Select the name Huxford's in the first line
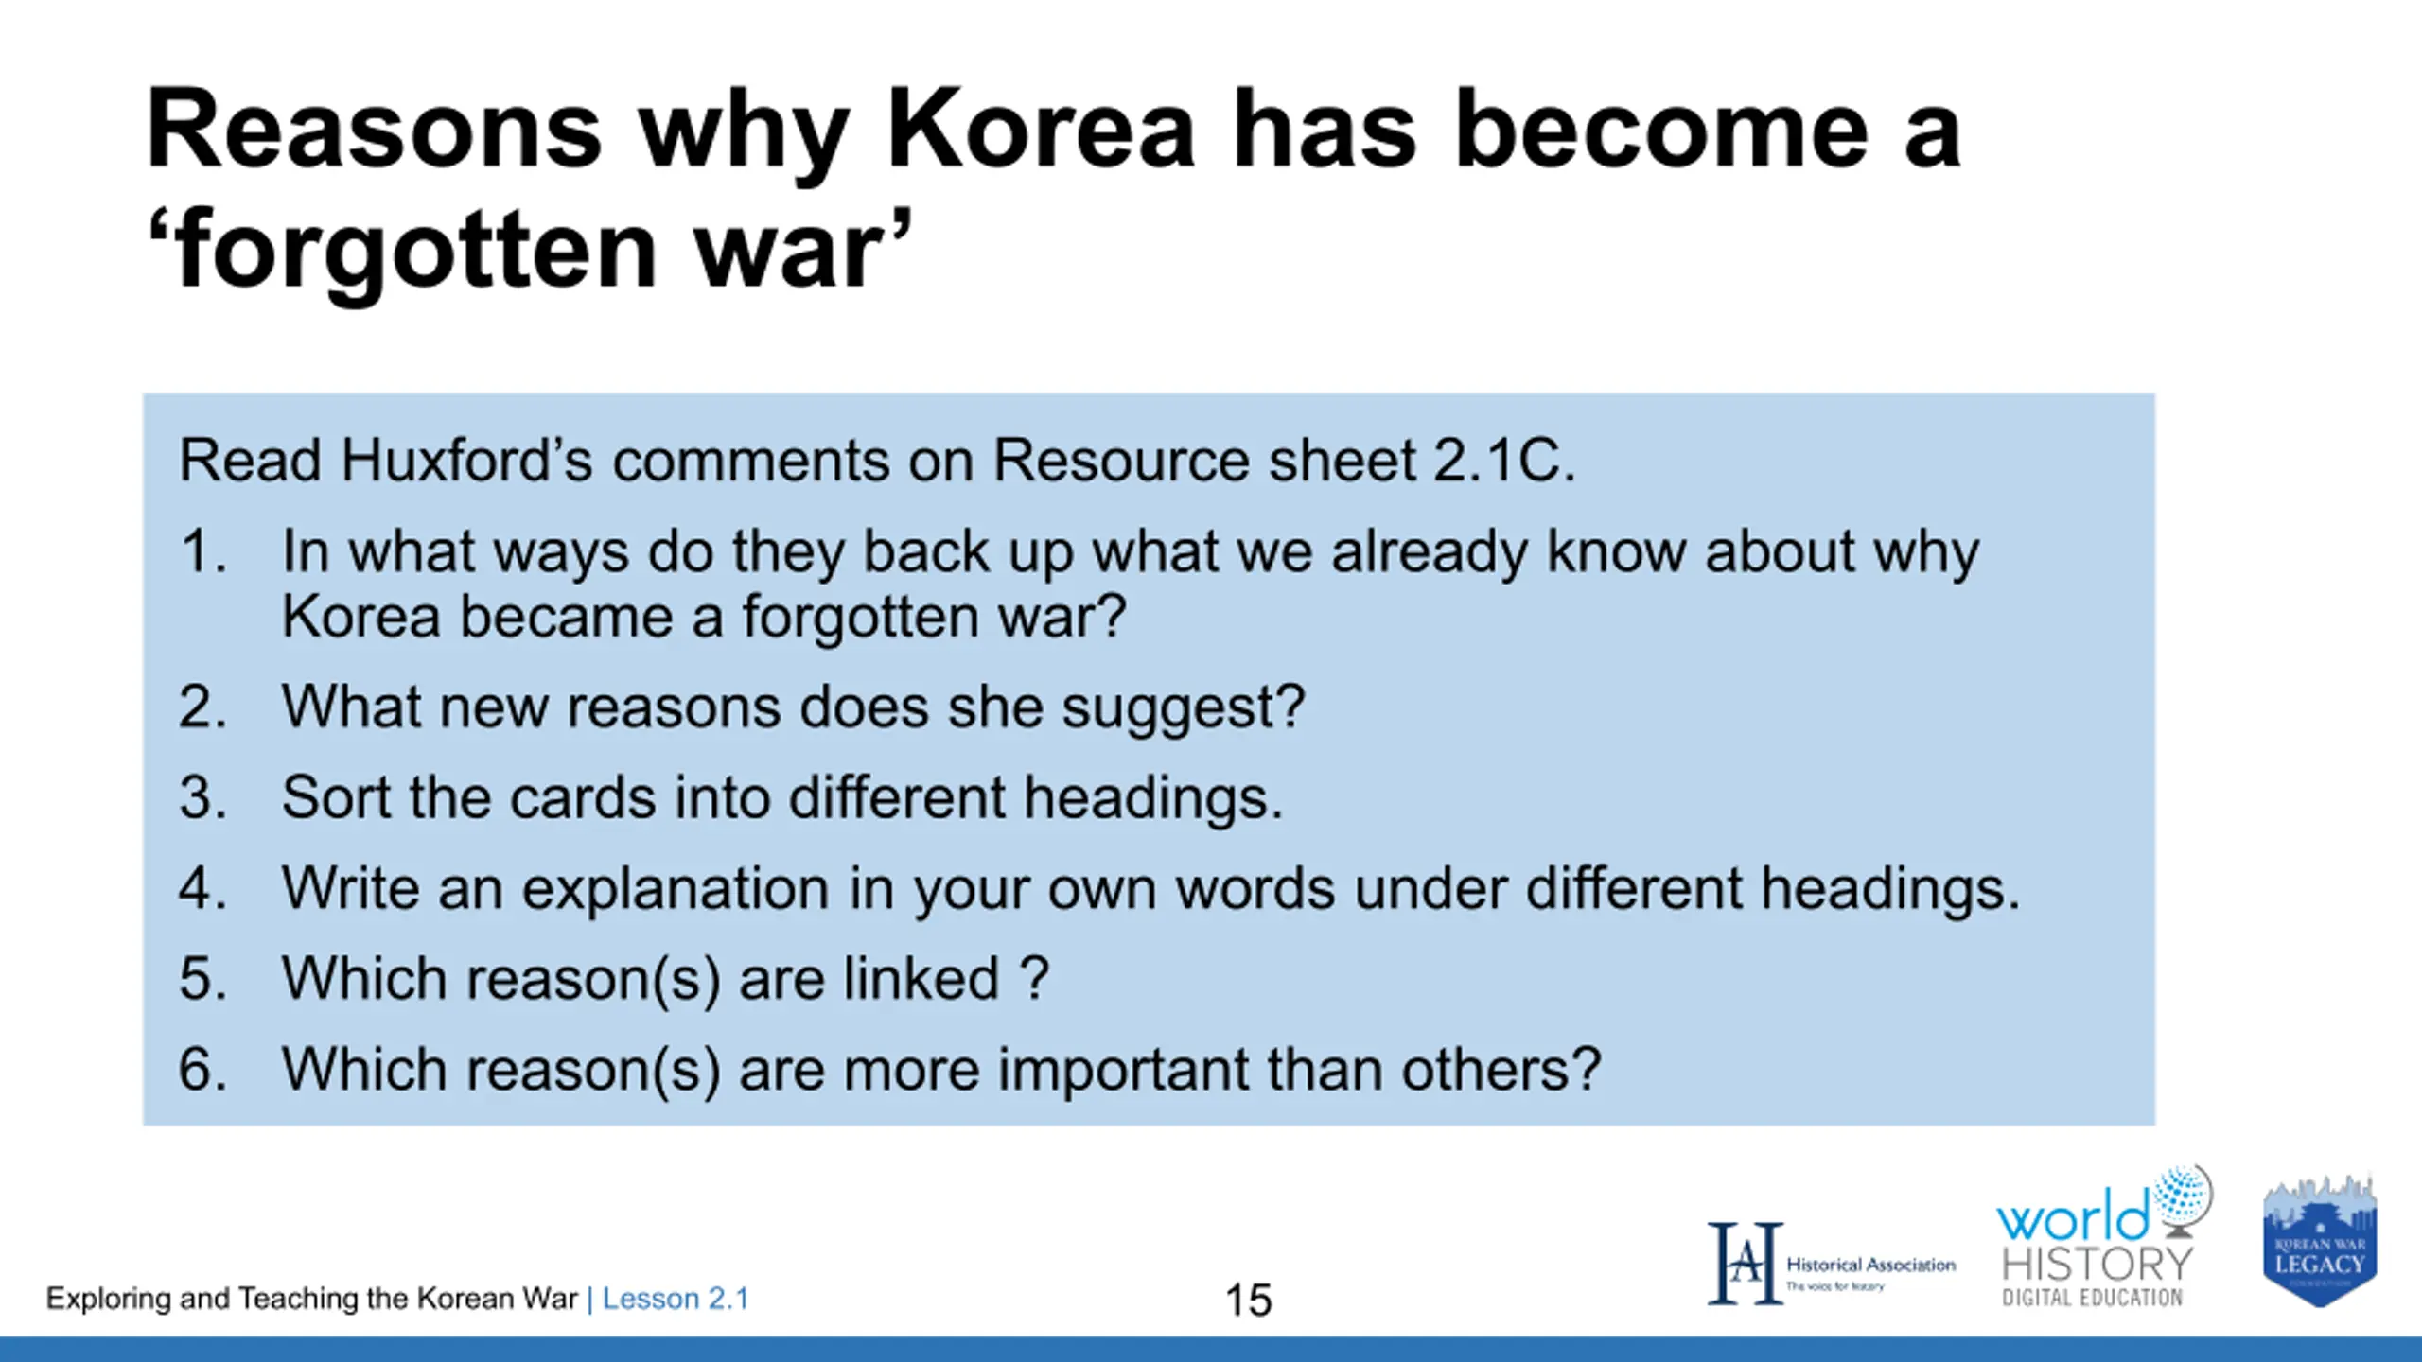pos(466,461)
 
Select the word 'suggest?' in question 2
pos(1183,709)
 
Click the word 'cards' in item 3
pos(583,796)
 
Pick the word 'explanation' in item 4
pos(676,890)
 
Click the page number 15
pos(1248,1301)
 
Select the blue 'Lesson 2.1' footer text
pos(676,1299)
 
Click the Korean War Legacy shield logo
pos(2320,1242)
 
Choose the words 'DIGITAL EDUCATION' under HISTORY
pos(2092,1298)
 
